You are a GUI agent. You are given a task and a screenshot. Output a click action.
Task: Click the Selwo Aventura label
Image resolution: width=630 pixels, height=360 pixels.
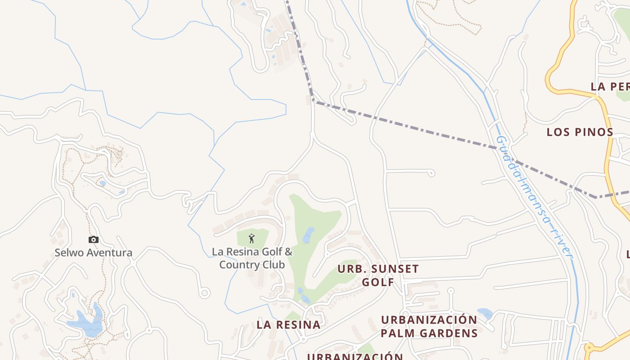[94, 252]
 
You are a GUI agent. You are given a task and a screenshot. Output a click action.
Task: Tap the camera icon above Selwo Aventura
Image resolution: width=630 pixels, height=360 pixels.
[94, 239]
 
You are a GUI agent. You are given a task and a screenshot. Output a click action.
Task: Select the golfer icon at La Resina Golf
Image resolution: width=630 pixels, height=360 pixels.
[252, 238]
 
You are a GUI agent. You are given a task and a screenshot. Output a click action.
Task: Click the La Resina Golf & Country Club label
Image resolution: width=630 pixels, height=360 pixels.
[252, 258]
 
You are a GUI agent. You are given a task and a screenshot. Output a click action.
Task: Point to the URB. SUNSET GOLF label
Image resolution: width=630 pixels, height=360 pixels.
[378, 275]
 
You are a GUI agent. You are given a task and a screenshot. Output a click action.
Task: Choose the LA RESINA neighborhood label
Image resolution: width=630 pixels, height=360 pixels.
[288, 324]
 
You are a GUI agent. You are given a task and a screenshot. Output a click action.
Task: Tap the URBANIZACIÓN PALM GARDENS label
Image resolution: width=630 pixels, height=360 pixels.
[429, 326]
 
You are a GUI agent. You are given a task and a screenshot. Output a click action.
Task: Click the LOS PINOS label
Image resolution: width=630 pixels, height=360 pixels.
[580, 132]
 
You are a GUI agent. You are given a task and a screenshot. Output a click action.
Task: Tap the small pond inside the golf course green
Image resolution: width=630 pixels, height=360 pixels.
[308, 235]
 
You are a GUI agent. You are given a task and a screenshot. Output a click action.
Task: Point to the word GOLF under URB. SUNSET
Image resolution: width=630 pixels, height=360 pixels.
[378, 282]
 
